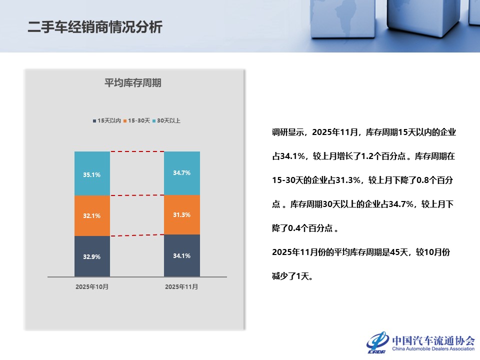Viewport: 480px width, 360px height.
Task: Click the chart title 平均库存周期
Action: [132, 83]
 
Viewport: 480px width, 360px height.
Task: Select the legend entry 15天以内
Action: [107, 120]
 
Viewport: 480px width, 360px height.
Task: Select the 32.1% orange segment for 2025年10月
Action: [92, 215]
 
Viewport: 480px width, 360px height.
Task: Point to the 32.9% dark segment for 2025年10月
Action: [92, 256]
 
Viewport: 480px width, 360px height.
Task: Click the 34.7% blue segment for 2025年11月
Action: [182, 172]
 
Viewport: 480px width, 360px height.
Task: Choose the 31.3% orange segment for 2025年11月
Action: [182, 214]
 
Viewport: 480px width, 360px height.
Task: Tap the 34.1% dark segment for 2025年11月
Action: [182, 255]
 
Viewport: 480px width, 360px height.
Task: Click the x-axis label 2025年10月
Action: [92, 287]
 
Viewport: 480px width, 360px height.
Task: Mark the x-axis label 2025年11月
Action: [181, 287]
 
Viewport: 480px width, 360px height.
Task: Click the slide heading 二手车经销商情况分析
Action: [95, 27]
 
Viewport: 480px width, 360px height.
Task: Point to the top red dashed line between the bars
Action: [137, 151]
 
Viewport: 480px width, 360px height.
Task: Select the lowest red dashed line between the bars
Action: [137, 235]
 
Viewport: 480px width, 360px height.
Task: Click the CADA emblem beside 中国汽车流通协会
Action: [377, 342]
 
